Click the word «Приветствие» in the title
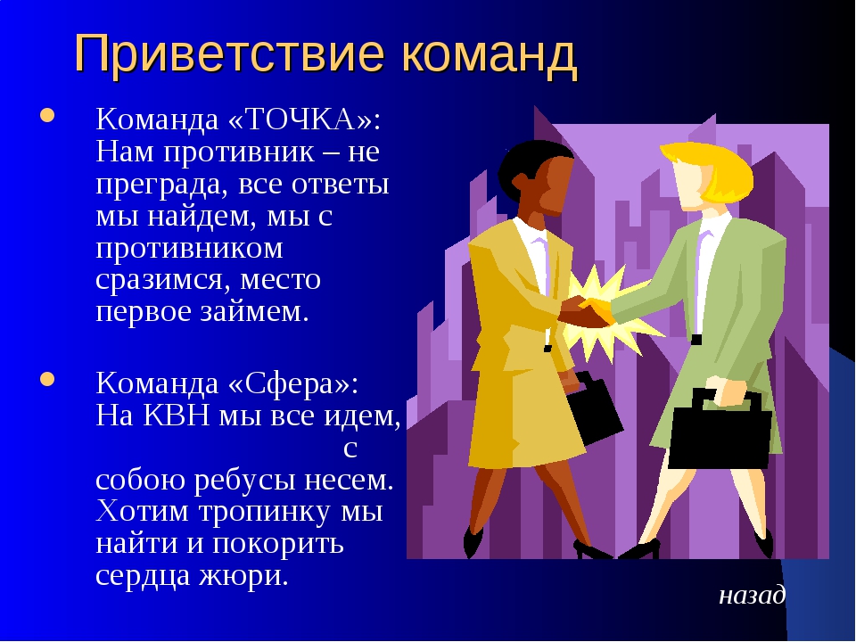tap(229, 53)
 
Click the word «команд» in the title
tap(490, 54)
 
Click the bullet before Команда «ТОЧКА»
tap(47, 115)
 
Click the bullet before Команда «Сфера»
tap(47, 379)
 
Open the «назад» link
tap(752, 596)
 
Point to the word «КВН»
tap(177, 416)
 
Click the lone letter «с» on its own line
tap(350, 449)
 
